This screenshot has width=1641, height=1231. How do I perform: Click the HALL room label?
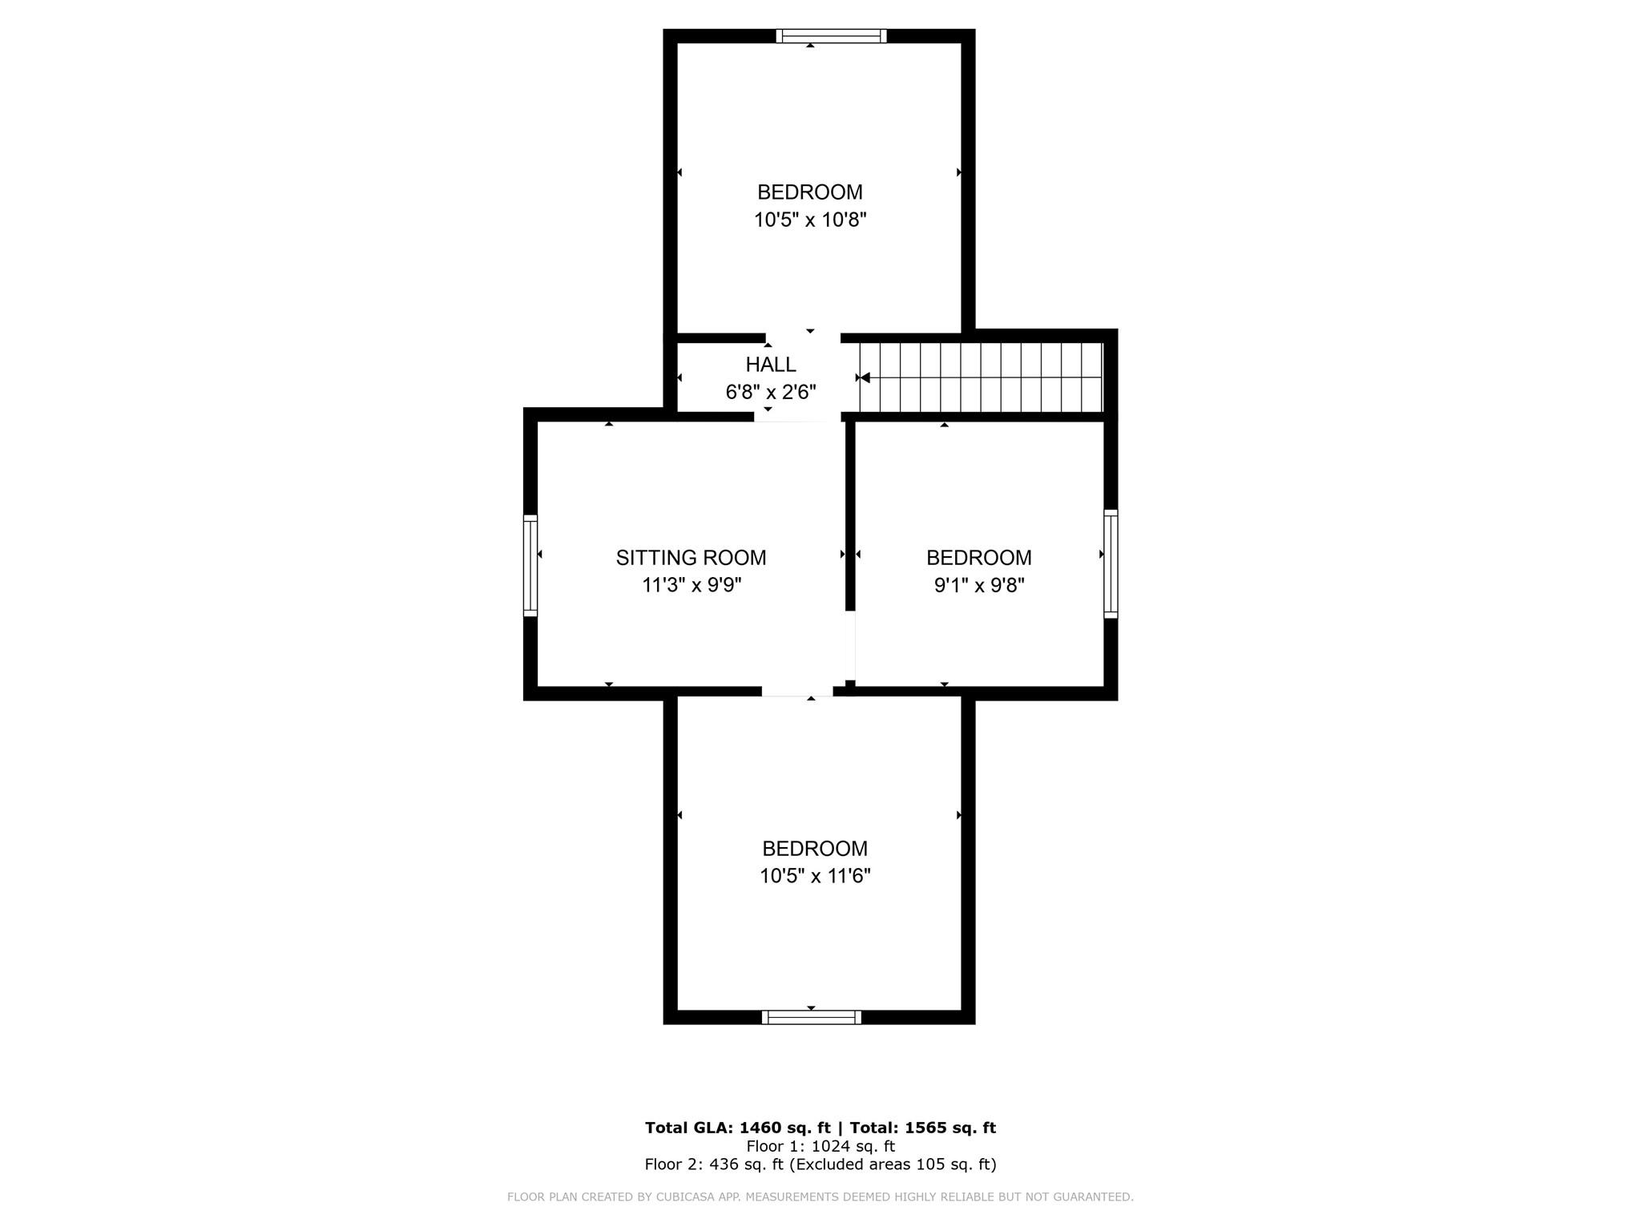771,365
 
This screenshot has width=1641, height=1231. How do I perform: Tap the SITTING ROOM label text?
691,558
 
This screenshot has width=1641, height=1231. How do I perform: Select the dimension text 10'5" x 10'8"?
810,220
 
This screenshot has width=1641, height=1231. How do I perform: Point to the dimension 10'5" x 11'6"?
815,876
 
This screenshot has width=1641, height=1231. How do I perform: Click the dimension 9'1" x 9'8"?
979,585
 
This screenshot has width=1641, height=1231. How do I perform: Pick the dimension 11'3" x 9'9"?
691,585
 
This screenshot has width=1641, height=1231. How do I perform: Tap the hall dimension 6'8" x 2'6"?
771,392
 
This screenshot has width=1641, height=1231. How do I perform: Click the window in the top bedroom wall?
832,35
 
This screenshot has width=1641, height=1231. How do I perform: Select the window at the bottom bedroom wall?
812,1017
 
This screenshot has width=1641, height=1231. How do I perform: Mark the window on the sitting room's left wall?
530,566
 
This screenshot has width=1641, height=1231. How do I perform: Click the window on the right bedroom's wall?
1111,563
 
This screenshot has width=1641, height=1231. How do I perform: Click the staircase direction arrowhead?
865,377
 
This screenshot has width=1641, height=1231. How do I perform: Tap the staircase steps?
982,377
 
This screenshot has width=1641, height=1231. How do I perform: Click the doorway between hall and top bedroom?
803,337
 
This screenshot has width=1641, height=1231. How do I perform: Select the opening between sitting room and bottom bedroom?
797,691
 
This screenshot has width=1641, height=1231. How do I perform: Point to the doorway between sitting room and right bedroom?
851,646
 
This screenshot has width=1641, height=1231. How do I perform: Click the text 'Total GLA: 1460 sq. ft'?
737,1128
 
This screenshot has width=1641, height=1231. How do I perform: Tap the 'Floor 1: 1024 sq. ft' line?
820,1146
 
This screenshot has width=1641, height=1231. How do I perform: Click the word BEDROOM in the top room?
810,192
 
